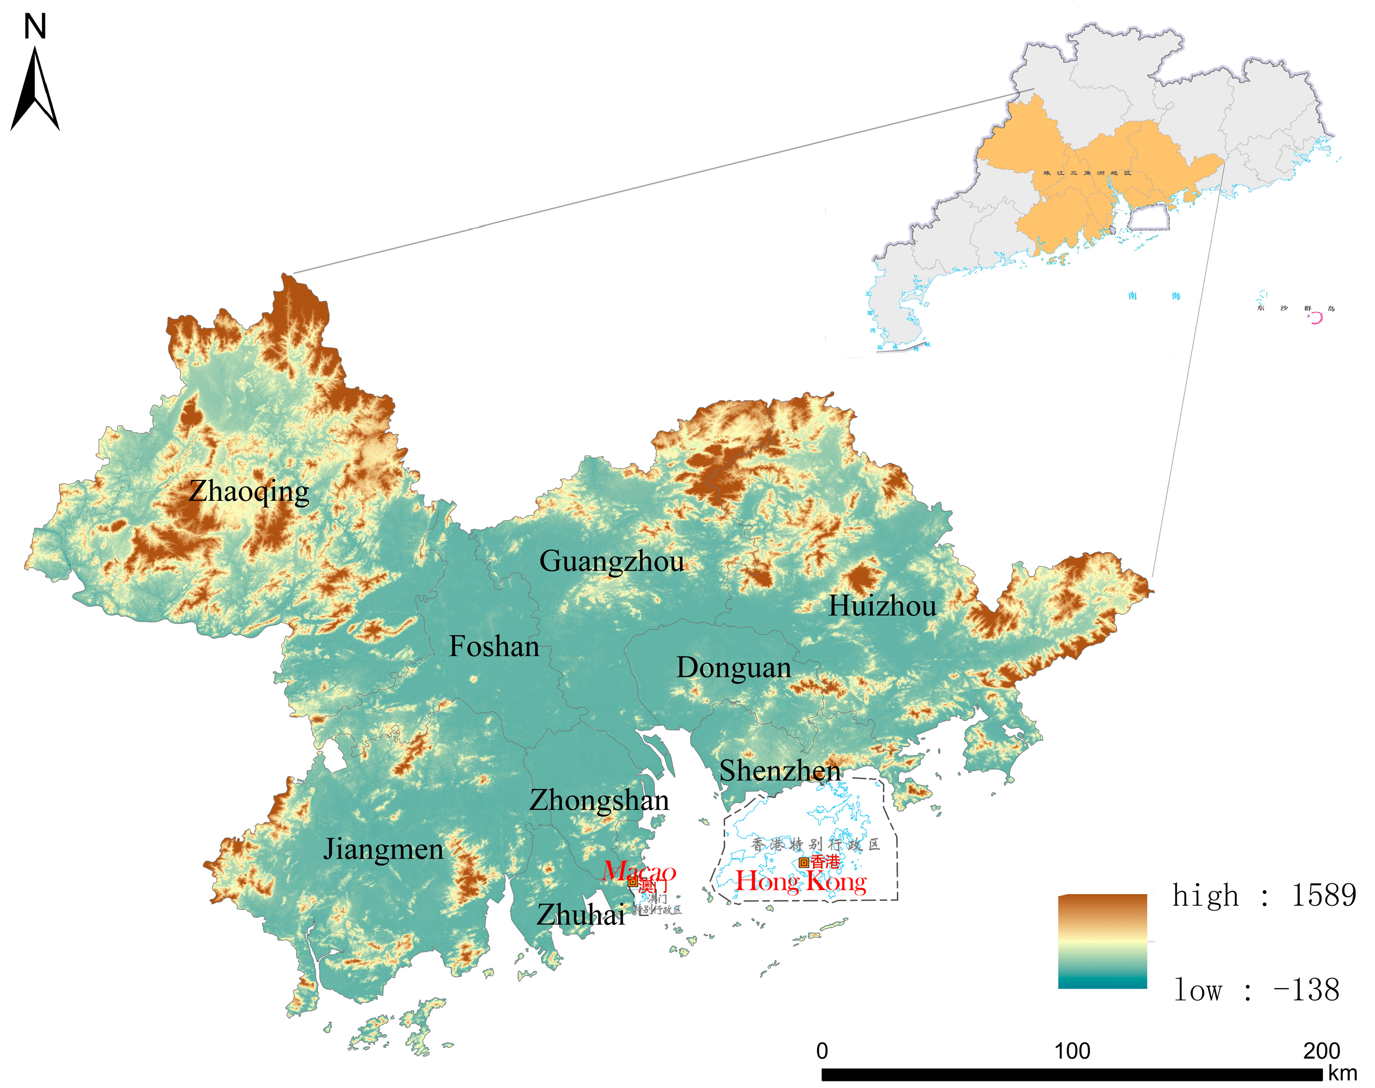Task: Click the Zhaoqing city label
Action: (x=249, y=492)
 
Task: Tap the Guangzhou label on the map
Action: (x=611, y=561)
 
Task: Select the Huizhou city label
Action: (x=882, y=606)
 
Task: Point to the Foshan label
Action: (x=494, y=647)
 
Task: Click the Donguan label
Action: (x=734, y=668)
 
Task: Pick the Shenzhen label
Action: (x=780, y=771)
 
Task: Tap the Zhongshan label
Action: (x=599, y=800)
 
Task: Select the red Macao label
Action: (x=639, y=871)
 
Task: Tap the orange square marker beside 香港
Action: (x=804, y=863)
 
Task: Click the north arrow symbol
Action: (x=35, y=89)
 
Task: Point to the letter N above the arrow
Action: (x=35, y=27)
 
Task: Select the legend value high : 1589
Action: (x=1264, y=896)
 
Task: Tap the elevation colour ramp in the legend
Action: (x=1102, y=942)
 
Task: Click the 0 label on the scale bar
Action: (x=822, y=1050)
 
